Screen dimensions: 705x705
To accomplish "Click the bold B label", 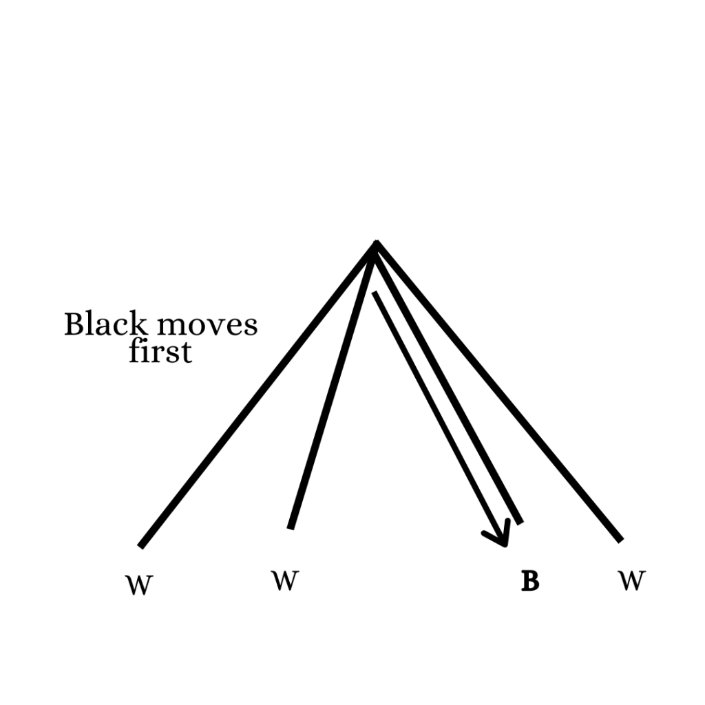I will coord(529,582).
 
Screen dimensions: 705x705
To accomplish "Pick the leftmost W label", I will coord(138,585).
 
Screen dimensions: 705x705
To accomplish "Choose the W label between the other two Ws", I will coord(285,581).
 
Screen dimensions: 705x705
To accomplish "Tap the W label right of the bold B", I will coord(631,581).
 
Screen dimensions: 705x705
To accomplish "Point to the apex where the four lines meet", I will coord(376,244).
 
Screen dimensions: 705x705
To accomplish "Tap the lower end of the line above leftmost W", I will coord(141,547).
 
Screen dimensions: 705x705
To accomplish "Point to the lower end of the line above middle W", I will coord(291,528).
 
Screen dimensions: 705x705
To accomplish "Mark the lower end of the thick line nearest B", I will coord(520,523).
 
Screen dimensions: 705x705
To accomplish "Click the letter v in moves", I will coord(207,326).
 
